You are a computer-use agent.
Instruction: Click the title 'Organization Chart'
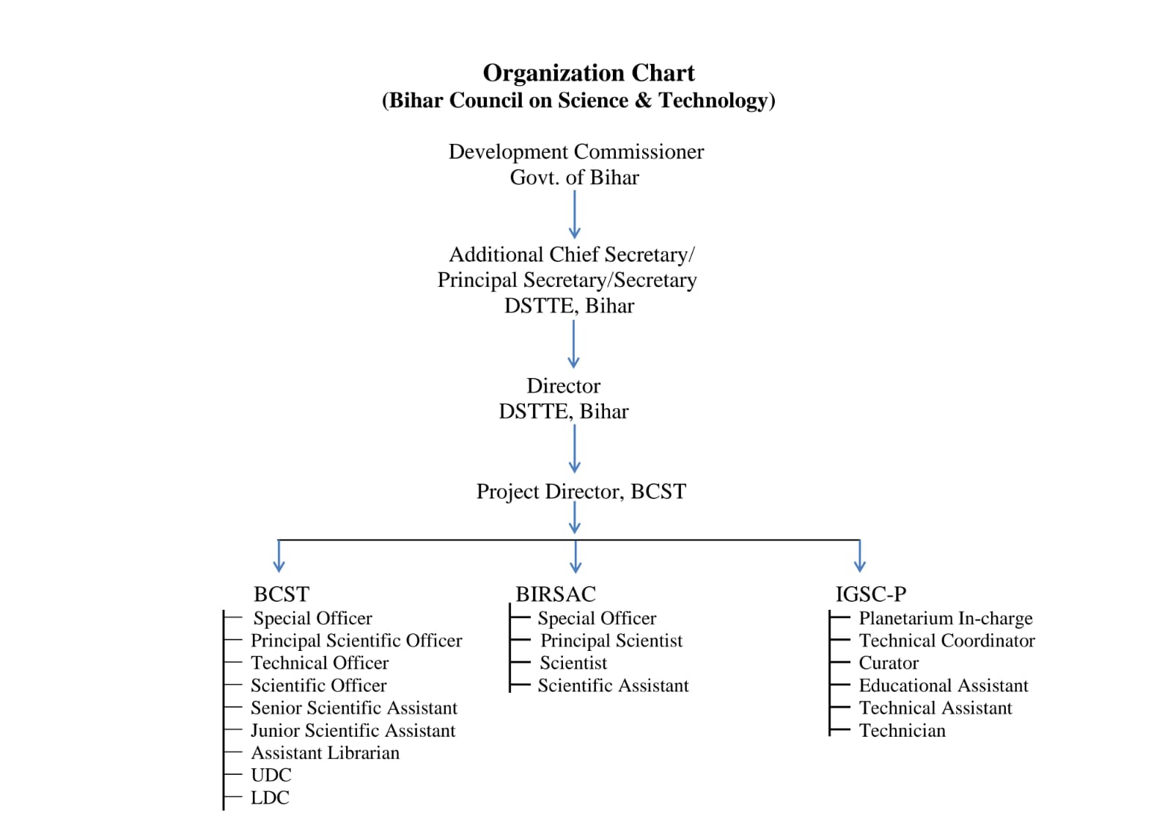(589, 73)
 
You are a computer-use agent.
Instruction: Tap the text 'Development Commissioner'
(576, 151)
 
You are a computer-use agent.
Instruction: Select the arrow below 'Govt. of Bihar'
(575, 214)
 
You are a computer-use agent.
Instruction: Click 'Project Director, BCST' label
(581, 491)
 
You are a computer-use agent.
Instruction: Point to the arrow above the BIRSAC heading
(576, 556)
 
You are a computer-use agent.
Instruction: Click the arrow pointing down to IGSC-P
(860, 556)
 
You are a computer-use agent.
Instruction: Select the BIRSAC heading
(556, 594)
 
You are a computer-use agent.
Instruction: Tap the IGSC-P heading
(871, 594)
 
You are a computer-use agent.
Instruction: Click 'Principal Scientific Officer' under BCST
(356, 641)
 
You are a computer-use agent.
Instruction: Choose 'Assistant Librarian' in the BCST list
(326, 753)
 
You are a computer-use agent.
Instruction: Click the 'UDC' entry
(271, 775)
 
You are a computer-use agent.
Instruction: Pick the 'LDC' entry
(271, 798)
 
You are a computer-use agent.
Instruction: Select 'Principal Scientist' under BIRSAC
(611, 641)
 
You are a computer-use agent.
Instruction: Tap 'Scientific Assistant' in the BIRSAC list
(613, 686)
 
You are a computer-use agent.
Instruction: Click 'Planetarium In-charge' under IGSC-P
(946, 618)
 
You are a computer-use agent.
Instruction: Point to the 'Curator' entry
(889, 663)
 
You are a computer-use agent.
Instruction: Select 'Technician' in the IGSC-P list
(902, 730)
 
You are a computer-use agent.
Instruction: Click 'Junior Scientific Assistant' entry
(353, 730)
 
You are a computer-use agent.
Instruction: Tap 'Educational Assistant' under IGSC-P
(944, 686)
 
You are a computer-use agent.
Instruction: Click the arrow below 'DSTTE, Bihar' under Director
(575, 449)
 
